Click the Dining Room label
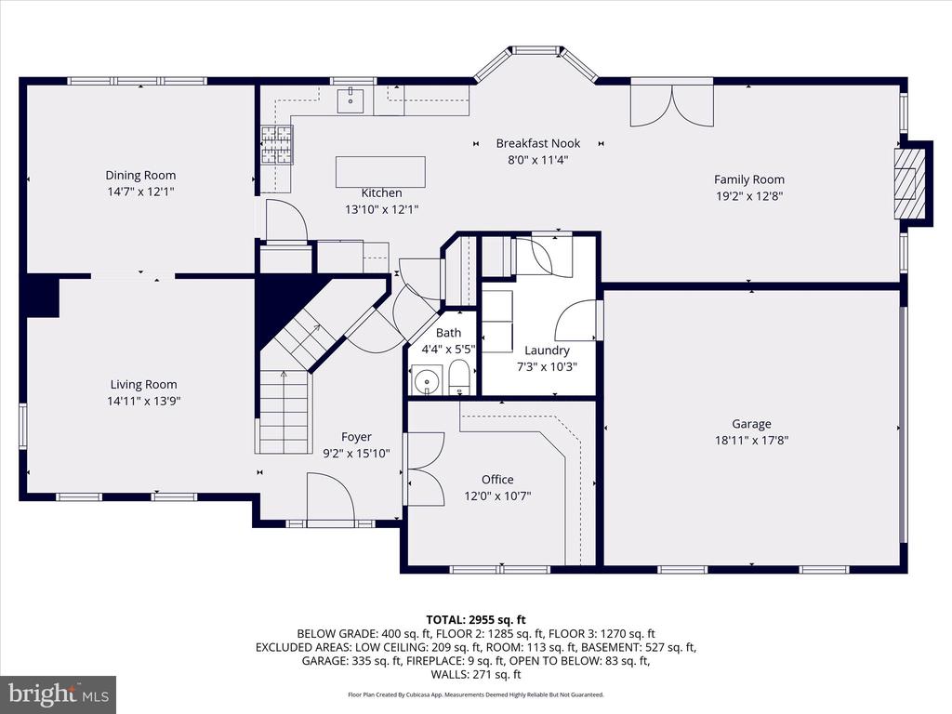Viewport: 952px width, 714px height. pos(141,176)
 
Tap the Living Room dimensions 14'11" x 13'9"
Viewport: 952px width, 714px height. pos(144,401)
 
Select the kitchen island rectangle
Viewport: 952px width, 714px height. pos(380,172)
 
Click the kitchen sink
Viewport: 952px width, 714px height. pos(350,100)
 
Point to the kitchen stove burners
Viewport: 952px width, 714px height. pos(277,144)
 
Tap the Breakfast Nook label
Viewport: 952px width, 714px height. pos(538,143)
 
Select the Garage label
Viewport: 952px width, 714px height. pos(751,424)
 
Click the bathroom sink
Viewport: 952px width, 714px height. pos(428,380)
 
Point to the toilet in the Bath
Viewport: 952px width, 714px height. pos(459,377)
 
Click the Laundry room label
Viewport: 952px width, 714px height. pos(547,350)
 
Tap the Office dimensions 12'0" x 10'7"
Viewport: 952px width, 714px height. pos(498,496)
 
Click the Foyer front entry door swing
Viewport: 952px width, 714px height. pos(331,497)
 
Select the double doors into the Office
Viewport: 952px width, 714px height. pos(426,469)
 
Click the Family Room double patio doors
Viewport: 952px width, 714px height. pos(672,104)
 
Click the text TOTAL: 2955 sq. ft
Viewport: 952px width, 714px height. pos(476,620)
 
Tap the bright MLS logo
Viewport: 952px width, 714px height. pos(59,694)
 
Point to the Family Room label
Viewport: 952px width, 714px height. pos(749,179)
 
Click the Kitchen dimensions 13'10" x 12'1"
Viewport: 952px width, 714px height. pos(382,209)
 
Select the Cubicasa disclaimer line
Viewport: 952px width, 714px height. pos(476,694)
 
